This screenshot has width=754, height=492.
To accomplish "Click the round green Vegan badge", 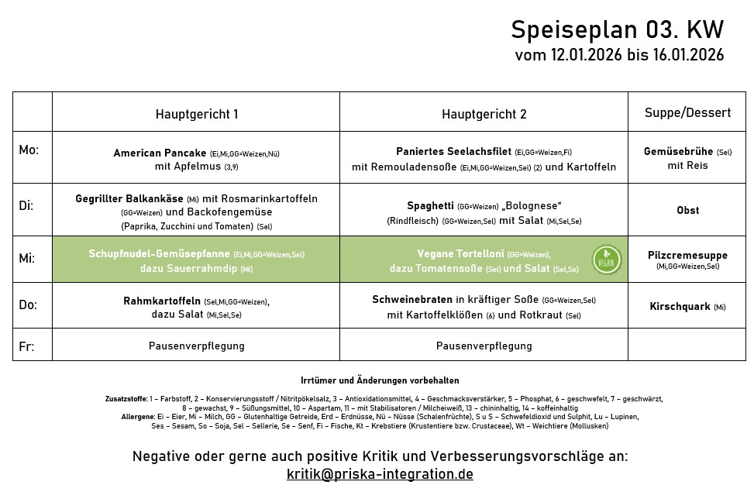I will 606,260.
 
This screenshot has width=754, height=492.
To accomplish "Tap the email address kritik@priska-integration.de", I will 380,474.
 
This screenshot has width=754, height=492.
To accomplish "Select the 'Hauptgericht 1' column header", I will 197,114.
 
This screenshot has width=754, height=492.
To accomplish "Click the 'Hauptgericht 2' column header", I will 484,114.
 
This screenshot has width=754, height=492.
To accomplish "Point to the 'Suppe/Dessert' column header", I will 687,113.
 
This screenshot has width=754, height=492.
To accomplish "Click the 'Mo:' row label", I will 29,150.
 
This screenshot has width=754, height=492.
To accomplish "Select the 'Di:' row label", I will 26,205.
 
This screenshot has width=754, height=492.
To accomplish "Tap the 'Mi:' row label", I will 27,258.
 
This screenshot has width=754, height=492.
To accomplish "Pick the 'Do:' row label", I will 28,305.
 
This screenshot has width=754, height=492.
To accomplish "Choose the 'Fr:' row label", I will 26,346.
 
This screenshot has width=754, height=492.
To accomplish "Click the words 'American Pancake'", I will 160,153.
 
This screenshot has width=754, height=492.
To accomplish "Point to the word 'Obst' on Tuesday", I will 687,210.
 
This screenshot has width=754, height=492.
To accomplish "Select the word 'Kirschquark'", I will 680,306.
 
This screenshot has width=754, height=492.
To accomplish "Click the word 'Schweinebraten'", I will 411,300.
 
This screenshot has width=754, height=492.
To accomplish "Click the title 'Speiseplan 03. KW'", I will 617,29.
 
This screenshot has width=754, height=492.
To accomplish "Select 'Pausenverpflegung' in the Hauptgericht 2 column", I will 484,346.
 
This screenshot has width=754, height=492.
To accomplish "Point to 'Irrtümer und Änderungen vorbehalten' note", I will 380,380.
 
